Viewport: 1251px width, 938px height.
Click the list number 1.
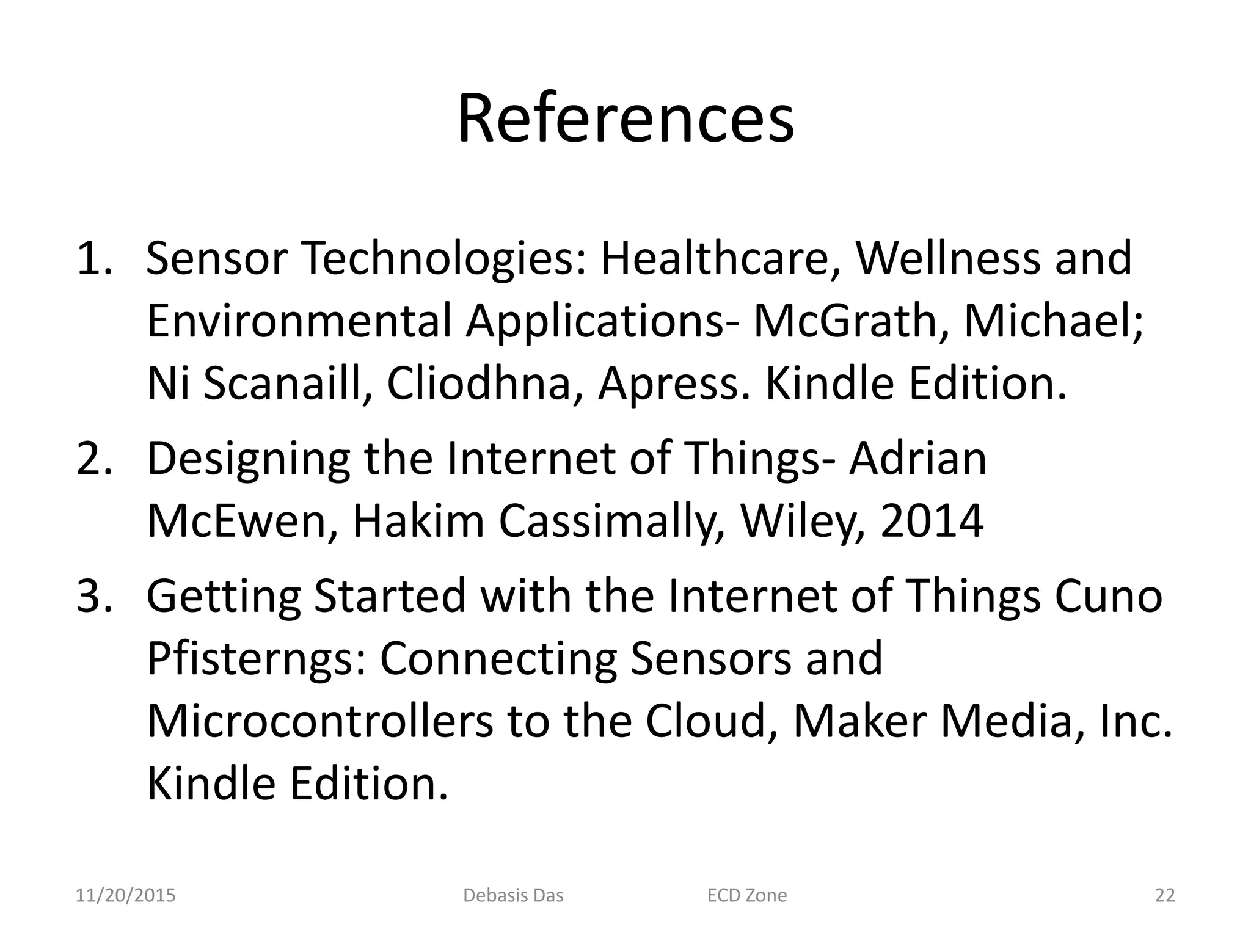coord(93,259)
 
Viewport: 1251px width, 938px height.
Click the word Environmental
coord(299,321)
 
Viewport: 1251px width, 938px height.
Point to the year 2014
coord(932,521)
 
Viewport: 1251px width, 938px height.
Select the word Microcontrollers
coord(319,721)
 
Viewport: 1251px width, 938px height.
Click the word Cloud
coord(706,721)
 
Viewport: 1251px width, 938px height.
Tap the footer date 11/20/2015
coord(125,896)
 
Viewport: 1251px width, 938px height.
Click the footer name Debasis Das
coord(513,896)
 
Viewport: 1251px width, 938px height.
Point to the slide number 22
coord(1165,896)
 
